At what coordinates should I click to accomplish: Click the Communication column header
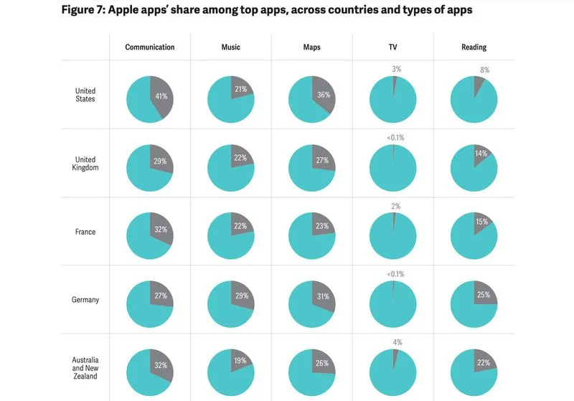tap(149, 47)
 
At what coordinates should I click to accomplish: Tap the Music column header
tap(230, 47)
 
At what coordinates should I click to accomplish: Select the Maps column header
tap(311, 47)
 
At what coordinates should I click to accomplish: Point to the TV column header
tap(392, 47)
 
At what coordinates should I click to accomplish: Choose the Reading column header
tap(474, 47)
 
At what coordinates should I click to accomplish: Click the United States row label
tap(85, 95)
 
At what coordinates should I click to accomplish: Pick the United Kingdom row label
tap(85, 164)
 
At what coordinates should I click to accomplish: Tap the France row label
tap(85, 232)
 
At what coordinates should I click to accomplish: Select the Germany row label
tap(85, 301)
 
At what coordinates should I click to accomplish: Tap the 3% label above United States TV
tap(397, 69)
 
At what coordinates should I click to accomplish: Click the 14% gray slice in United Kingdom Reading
tap(481, 154)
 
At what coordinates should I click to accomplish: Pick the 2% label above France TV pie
tap(396, 206)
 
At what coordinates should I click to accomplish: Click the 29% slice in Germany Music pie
tap(243, 295)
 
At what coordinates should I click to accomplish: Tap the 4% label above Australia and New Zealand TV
tap(397, 342)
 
